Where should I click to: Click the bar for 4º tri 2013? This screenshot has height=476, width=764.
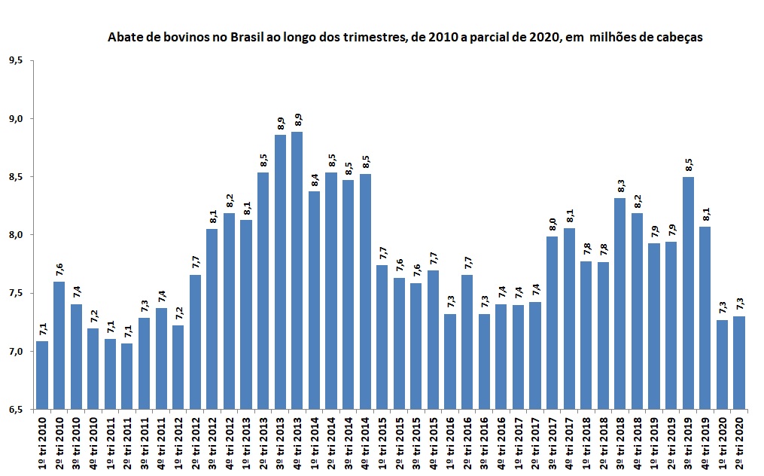(297, 270)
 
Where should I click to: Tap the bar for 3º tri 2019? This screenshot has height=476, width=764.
(688, 293)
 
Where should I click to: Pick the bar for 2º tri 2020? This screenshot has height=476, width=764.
(739, 362)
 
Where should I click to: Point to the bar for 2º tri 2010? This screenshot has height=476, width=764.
(59, 346)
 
